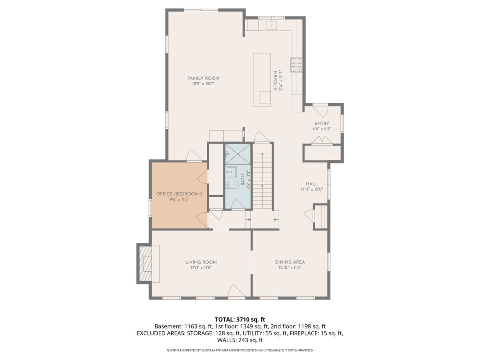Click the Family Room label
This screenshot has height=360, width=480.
(x=203, y=78)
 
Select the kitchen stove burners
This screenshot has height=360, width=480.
(x=296, y=64)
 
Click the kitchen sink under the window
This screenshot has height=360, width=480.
(x=272, y=25)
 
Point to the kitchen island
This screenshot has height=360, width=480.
(x=262, y=79)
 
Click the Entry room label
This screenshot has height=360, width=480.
(x=322, y=124)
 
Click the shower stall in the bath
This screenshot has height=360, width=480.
(x=238, y=154)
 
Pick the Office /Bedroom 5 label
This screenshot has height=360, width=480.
(x=179, y=194)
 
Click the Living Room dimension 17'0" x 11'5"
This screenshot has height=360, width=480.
(x=201, y=268)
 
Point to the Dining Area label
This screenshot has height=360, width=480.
(x=290, y=262)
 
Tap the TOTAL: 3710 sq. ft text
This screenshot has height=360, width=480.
(x=240, y=319)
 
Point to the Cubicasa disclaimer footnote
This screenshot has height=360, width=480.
(x=240, y=350)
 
